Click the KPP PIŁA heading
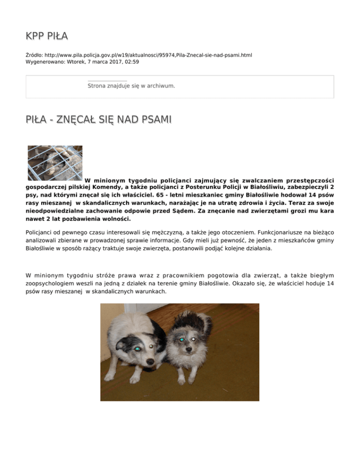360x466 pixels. click(x=47, y=36)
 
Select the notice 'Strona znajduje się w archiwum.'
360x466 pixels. click(x=131, y=86)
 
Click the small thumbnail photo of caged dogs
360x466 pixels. click(x=55, y=163)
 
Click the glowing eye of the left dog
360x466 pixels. click(x=137, y=349)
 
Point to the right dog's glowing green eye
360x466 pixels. click(x=181, y=339)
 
